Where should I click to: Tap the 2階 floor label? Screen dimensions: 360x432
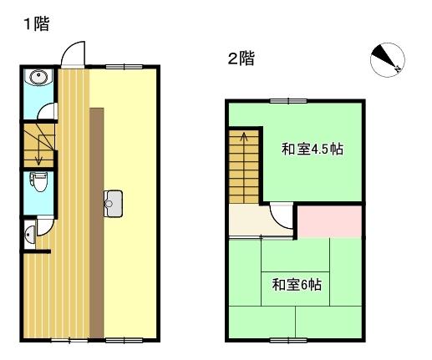[241, 58]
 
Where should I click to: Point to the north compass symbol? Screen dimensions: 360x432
[387, 59]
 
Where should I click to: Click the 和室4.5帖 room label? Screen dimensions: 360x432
[313, 150]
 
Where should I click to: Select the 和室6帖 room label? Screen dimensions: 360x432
[297, 285]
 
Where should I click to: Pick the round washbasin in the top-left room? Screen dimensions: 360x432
[38, 79]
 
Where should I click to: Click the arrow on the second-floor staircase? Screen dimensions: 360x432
[243, 142]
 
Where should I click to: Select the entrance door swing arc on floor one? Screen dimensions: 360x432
[73, 53]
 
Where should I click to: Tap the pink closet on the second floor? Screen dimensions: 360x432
[330, 221]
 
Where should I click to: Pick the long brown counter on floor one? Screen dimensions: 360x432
[97, 221]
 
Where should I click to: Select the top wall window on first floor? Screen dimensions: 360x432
[122, 64]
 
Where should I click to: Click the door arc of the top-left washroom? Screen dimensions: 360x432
[49, 112]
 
